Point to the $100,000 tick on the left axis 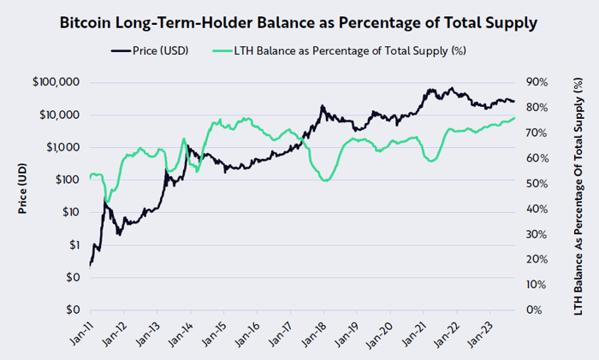click(x=56, y=82)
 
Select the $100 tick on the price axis click(x=66, y=180)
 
